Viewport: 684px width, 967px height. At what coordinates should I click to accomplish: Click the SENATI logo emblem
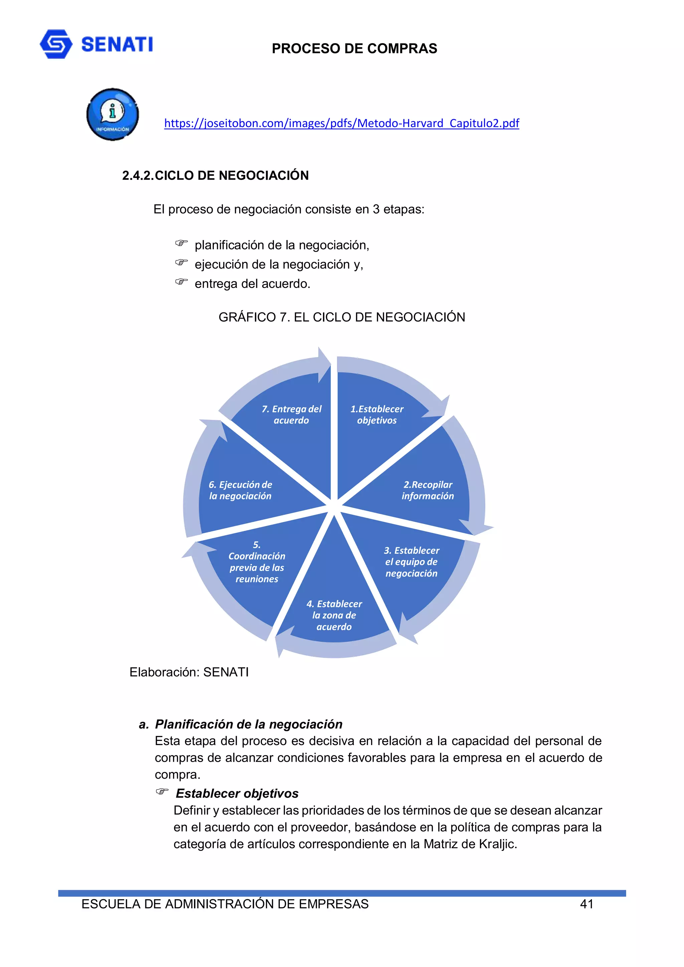point(56,44)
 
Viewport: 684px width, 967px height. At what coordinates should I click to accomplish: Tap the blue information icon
point(113,114)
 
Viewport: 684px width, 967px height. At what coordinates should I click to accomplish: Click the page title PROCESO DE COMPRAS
point(354,48)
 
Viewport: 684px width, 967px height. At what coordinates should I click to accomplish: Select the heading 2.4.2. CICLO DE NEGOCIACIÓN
point(215,175)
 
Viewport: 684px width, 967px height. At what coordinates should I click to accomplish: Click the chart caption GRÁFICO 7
point(341,317)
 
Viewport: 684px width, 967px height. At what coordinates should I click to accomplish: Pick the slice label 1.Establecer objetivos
point(377,415)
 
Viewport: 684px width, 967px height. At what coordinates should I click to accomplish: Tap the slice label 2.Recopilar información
point(427,490)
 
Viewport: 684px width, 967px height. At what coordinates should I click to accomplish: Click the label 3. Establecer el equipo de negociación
point(411,561)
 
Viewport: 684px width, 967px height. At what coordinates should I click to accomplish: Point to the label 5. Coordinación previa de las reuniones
point(256,562)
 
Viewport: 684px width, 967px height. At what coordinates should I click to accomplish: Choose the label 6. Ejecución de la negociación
point(240,490)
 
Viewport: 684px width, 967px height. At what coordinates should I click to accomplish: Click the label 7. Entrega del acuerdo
point(291,415)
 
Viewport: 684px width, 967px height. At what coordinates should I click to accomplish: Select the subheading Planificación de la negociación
point(248,724)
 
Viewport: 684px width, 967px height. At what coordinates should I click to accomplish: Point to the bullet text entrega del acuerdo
point(252,284)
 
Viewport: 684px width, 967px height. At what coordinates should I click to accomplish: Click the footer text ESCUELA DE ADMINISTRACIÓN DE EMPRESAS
point(225,904)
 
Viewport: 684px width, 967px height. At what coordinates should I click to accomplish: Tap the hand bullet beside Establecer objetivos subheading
point(162,791)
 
